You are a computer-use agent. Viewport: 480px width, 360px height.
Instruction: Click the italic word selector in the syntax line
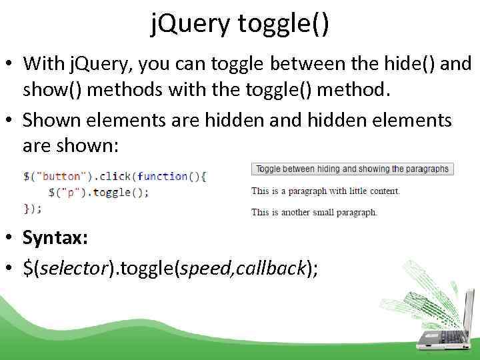[71, 268]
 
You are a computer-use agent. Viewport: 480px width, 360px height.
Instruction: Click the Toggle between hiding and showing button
[352, 169]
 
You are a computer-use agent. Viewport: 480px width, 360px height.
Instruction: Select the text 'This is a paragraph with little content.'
[325, 191]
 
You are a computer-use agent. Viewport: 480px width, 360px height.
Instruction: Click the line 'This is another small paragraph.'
[314, 212]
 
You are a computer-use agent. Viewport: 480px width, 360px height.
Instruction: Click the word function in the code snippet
[163, 177]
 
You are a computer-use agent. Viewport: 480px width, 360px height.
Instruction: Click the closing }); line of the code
[33, 208]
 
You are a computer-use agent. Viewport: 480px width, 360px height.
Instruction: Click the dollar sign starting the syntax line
[27, 268]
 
